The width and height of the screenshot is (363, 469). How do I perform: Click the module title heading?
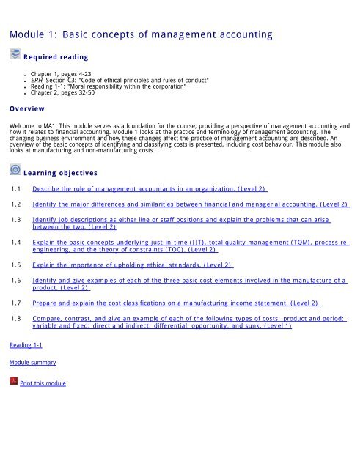tap(140, 34)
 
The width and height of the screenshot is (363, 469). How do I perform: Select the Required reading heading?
tap(56, 56)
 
